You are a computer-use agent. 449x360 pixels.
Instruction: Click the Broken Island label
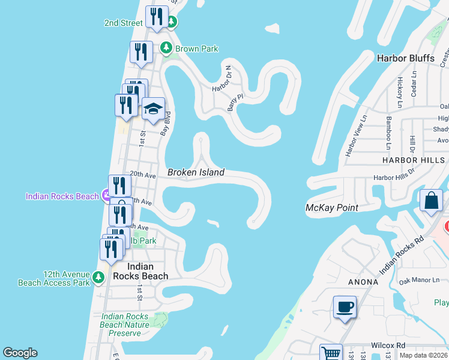coord(196,172)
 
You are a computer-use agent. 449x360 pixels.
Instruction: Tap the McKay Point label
coord(332,208)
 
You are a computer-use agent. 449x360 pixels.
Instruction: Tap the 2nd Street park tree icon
coord(172,23)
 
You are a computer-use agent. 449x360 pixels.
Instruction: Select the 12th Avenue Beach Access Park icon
coord(98,277)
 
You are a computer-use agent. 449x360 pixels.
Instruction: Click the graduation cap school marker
coord(153,109)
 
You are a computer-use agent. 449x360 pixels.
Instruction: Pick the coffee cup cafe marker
coord(345,307)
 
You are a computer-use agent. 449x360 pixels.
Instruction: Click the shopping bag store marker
coord(432,201)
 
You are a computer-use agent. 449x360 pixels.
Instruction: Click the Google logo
coord(20,353)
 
